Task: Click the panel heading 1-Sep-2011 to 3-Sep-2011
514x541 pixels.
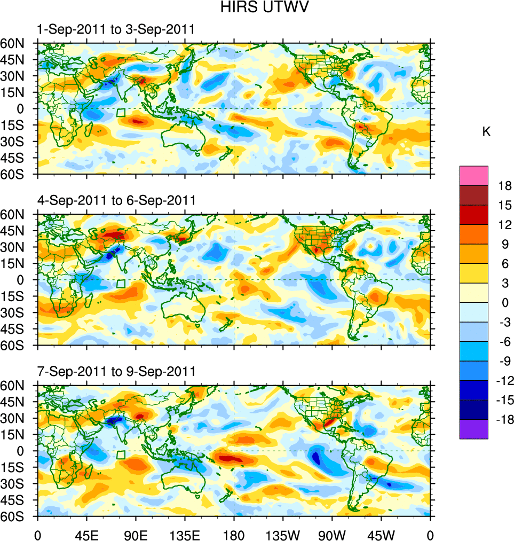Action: click(x=115, y=30)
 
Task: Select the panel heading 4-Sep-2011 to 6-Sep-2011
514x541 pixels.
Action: click(x=115, y=201)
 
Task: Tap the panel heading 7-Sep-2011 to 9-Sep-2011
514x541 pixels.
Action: click(x=115, y=371)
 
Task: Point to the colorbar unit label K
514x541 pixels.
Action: click(x=486, y=132)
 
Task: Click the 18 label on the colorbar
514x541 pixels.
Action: click(x=505, y=186)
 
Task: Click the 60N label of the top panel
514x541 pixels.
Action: click(x=16, y=43)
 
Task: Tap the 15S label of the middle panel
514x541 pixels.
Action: click(x=16, y=296)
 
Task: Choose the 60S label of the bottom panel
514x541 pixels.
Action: click(x=16, y=516)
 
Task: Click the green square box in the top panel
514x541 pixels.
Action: click(x=121, y=113)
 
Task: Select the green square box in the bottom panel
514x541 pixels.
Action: click(x=121, y=454)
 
